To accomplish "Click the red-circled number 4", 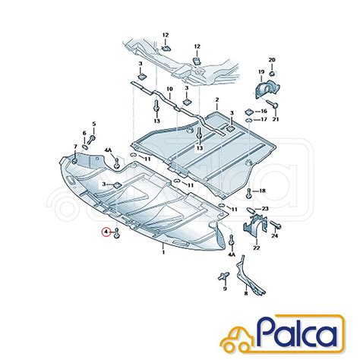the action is (106, 232).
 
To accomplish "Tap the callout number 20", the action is (272, 60).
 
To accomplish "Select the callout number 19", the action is (261, 72).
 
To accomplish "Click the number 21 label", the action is (276, 119).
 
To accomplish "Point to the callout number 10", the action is (169, 89).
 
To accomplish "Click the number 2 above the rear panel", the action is (217, 99).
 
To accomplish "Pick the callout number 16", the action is (264, 111).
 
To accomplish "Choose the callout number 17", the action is (264, 119).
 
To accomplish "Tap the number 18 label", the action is (262, 191).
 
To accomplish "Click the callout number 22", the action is (257, 248).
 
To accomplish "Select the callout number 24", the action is (275, 236).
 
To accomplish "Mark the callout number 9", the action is (225, 289).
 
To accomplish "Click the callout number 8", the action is (245, 294).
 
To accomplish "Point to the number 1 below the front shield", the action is (163, 252).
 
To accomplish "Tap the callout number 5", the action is (94, 124).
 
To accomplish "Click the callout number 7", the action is (75, 147).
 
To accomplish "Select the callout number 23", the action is (265, 209).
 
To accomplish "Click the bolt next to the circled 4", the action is (117, 233).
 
